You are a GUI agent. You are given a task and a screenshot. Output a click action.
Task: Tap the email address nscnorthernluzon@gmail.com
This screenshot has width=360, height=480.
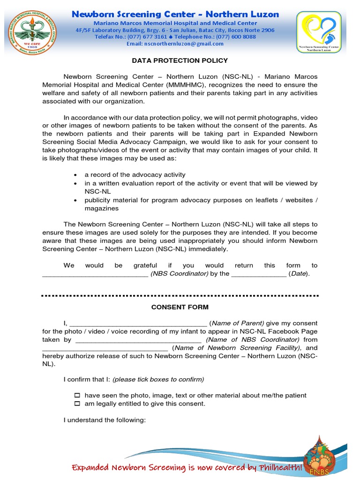[175, 44]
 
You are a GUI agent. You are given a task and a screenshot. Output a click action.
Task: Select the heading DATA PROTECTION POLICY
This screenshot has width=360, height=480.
[180, 60]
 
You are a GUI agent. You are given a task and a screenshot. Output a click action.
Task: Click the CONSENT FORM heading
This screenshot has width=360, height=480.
[180, 307]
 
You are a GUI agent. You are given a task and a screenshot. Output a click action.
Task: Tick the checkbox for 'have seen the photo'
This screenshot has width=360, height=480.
[78, 396]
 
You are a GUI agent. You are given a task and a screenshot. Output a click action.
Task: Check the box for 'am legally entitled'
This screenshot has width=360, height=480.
[78, 404]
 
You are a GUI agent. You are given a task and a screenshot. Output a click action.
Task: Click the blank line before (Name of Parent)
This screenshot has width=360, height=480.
[138, 323]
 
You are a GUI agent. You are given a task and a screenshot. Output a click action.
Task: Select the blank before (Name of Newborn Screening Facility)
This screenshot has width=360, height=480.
[105, 348]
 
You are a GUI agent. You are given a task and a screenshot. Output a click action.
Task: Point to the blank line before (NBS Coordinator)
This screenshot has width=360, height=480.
[95, 274]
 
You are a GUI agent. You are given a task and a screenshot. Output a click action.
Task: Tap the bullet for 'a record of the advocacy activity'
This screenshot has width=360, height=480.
[76, 175]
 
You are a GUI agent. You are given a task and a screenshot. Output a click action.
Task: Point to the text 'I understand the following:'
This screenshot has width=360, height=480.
[105, 420]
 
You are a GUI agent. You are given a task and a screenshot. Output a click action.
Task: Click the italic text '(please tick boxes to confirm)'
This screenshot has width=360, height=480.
[158, 379]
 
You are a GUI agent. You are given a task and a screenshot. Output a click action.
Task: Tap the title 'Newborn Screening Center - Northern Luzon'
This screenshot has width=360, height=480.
[175, 15]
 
